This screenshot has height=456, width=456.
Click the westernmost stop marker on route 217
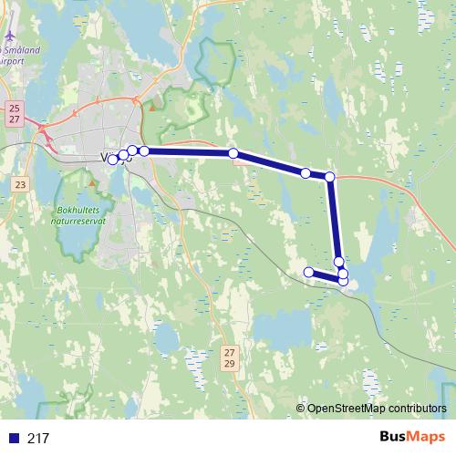click(x=113, y=160)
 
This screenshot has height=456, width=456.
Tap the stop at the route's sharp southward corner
click(x=330, y=177)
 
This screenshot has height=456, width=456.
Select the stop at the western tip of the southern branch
click(x=309, y=272)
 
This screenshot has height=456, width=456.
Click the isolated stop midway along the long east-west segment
click(x=233, y=154)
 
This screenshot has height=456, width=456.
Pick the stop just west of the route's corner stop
click(x=306, y=172)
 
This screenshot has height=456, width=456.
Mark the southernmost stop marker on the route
click(x=343, y=281)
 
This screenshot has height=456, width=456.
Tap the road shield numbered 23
click(x=20, y=184)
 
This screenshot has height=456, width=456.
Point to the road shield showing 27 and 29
click(x=230, y=358)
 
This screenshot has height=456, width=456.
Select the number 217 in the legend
click(x=38, y=439)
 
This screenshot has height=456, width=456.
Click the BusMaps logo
click(x=412, y=437)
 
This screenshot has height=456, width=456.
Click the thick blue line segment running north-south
click(x=335, y=219)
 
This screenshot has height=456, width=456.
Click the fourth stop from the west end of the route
click(x=144, y=150)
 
